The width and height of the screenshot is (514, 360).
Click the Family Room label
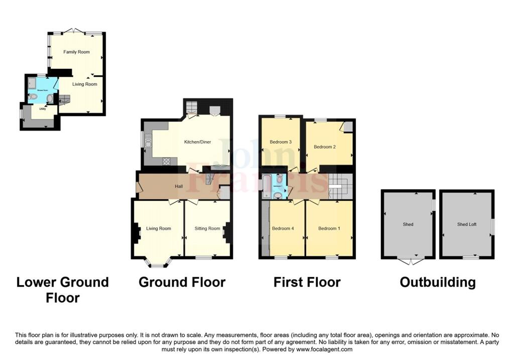coord(76,52)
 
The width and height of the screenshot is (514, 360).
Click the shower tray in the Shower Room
coord(32,82)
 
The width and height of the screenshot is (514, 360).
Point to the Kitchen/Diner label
coord(197,142)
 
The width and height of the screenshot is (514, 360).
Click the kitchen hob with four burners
coord(167,161)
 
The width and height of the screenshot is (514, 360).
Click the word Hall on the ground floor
coord(179,187)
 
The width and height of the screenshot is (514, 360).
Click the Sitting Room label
coord(207,228)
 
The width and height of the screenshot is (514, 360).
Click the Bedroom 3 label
coord(281,142)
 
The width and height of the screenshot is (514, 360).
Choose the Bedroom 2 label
coord(324,147)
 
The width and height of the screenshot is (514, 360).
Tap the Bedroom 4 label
coord(283,228)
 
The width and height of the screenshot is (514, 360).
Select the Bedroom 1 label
coord(329,228)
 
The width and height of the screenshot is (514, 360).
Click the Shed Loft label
coord(466,224)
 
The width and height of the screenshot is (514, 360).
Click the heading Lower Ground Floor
coord(63,290)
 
